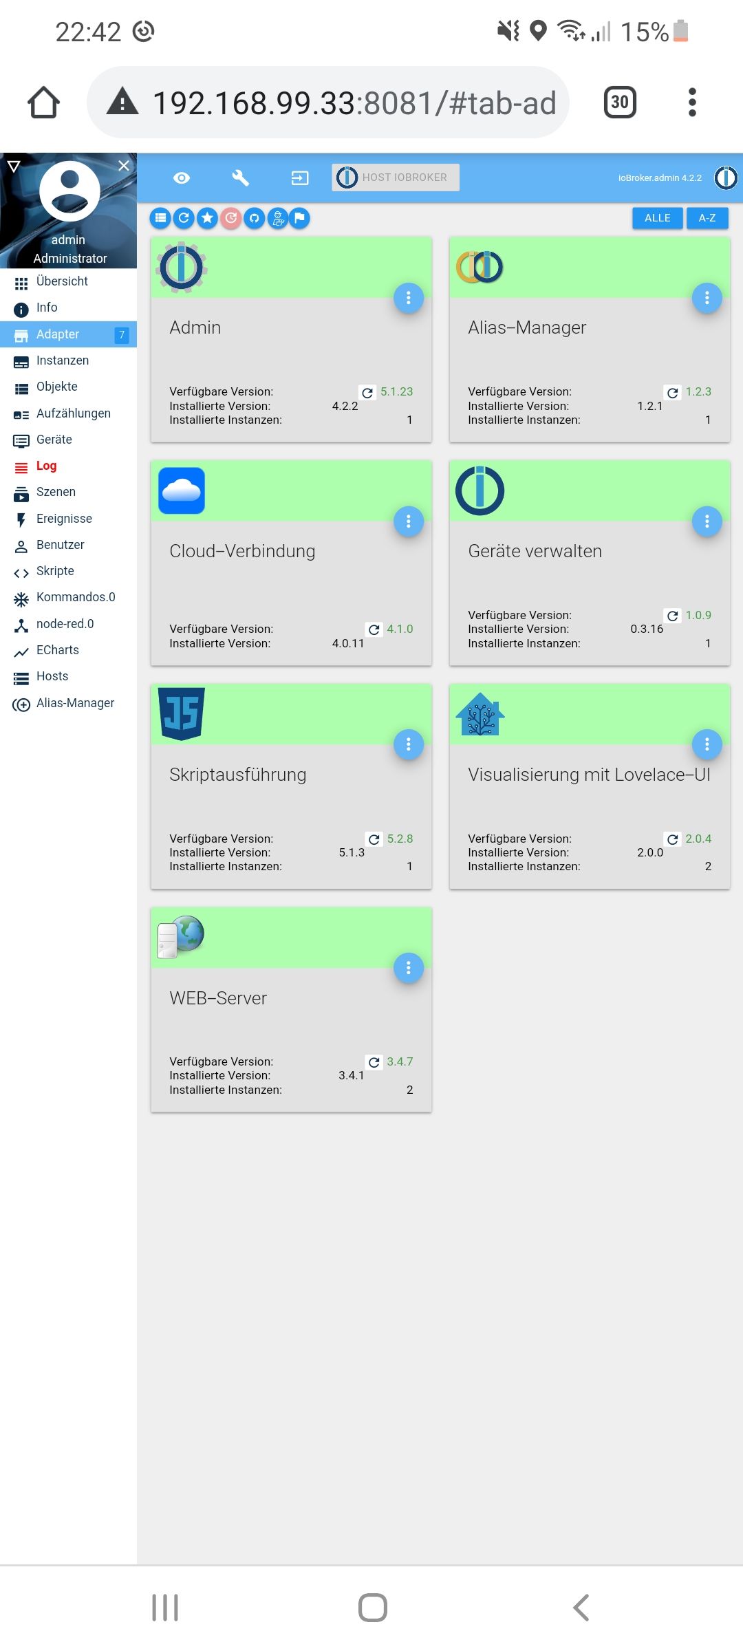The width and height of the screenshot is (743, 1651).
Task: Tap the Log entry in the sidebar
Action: pyautogui.click(x=46, y=466)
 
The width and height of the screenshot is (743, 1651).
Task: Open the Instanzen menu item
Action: pyautogui.click(x=62, y=360)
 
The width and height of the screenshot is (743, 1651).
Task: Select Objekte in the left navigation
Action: pyautogui.click(x=56, y=387)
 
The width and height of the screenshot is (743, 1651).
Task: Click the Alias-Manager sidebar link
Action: pyautogui.click(x=75, y=703)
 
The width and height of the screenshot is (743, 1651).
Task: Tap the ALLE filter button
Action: pyautogui.click(x=657, y=218)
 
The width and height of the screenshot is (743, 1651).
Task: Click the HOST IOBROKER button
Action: pyautogui.click(x=396, y=177)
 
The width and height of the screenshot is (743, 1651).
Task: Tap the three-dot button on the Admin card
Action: pyautogui.click(x=409, y=298)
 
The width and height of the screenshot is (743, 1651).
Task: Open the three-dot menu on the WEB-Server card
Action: pyautogui.click(x=409, y=968)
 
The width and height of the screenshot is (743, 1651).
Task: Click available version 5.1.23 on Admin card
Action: pyautogui.click(x=397, y=391)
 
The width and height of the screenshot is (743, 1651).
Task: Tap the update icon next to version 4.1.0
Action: pyautogui.click(x=374, y=629)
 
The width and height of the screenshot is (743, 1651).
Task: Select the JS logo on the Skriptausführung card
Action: pyautogui.click(x=182, y=713)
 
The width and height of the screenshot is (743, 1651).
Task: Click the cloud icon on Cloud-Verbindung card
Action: pyautogui.click(x=182, y=490)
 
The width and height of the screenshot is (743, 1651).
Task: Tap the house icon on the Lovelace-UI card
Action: pyautogui.click(x=480, y=714)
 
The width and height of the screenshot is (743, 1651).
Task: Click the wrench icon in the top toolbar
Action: pyautogui.click(x=240, y=178)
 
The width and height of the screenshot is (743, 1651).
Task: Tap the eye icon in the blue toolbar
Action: pyautogui.click(x=182, y=178)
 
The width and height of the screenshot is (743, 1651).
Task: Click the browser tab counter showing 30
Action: pyautogui.click(x=620, y=102)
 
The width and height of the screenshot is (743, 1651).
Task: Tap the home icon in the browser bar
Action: pyautogui.click(x=43, y=102)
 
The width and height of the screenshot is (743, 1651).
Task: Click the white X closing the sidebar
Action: pyautogui.click(x=124, y=166)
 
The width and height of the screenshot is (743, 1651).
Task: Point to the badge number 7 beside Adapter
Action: pyautogui.click(x=122, y=335)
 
